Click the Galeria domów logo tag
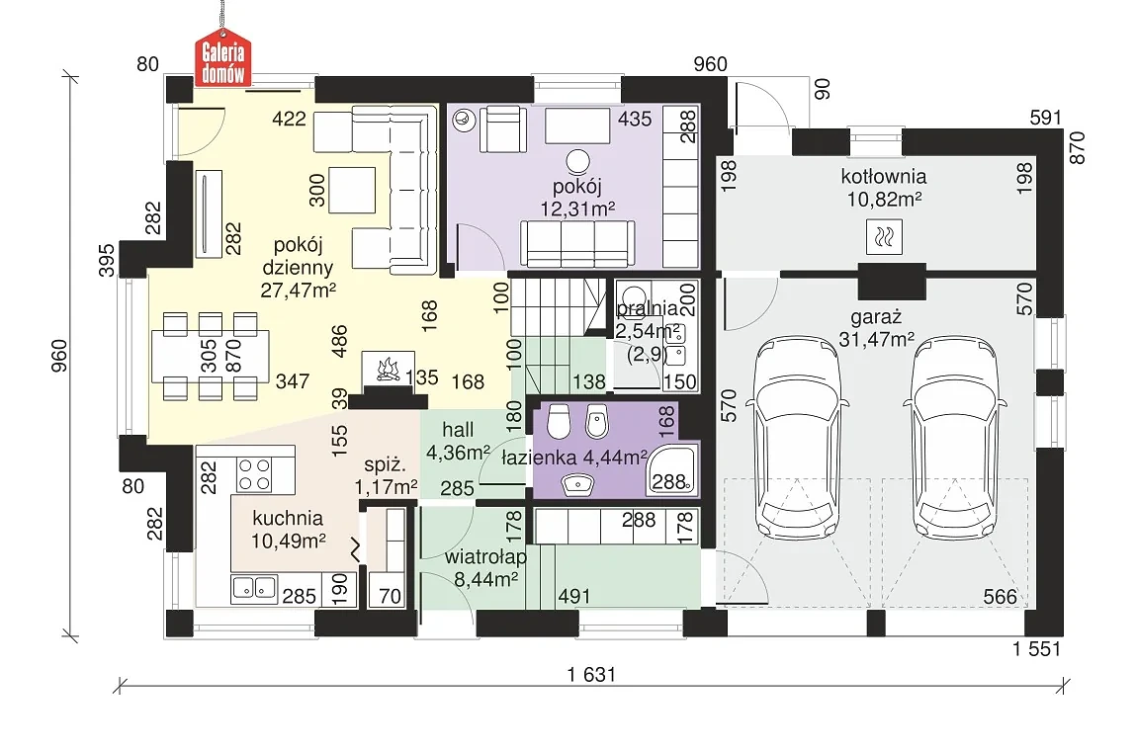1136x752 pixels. pos(223,58)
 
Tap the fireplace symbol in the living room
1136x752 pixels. pos(389,368)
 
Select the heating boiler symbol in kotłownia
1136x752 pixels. pos(884,237)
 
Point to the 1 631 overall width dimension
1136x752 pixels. pos(591,675)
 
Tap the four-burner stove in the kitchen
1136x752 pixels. pos(254,475)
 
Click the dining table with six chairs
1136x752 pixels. pos(211,356)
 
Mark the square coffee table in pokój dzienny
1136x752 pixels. pos(352,190)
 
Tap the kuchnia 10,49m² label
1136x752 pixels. pos(289,529)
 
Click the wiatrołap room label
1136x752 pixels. pos(485,557)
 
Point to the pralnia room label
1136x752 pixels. pos(647,308)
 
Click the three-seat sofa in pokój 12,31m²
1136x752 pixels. pos(577,243)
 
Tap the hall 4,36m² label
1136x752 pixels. pos(458,441)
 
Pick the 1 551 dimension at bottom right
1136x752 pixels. pos(1036,649)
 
